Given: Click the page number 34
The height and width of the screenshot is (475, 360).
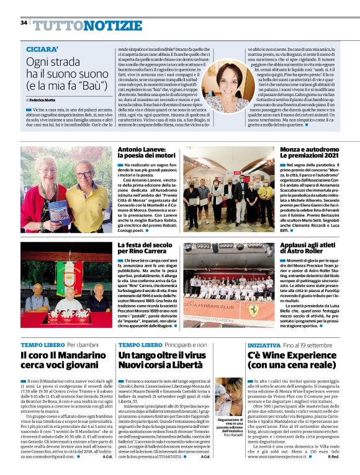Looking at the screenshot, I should pyautogui.click(x=24, y=22).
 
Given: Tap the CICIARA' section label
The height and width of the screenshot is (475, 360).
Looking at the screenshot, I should pyautogui.click(x=43, y=48).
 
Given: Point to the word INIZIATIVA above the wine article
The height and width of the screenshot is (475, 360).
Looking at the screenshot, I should pyautogui.click(x=246, y=344).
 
